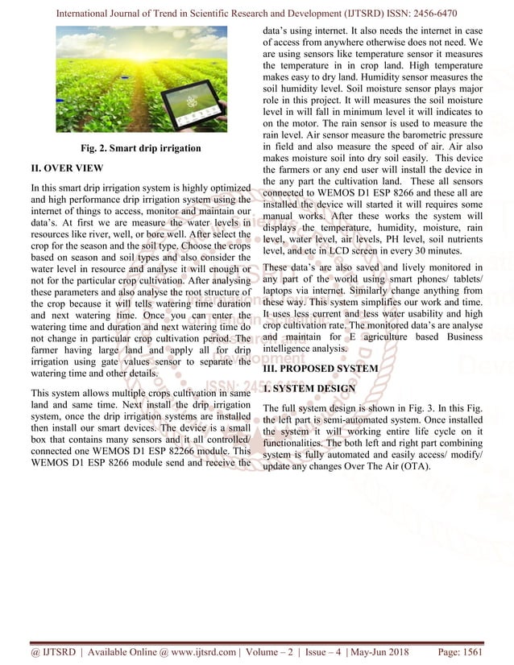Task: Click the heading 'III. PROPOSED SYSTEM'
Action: point(321,368)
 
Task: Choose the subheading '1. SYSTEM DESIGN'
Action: point(309,389)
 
